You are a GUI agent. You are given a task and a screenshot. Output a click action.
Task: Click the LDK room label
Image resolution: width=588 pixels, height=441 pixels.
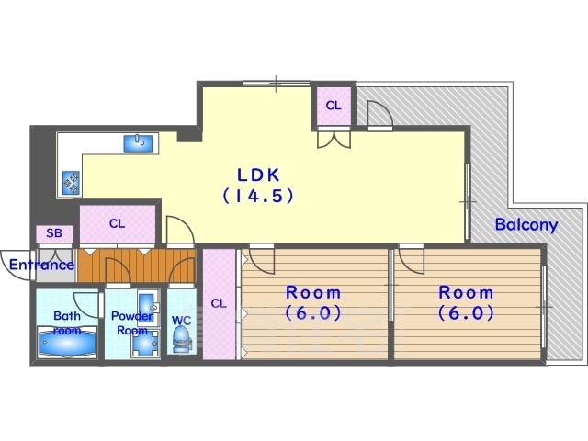pos(259,175)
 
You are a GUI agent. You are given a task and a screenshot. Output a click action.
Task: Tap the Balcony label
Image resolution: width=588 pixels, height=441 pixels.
pos(526,224)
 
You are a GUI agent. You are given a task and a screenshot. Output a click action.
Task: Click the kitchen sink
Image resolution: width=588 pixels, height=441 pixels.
pos(138,143)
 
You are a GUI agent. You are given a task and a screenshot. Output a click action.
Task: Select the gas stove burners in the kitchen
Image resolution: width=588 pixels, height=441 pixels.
pos(72,183)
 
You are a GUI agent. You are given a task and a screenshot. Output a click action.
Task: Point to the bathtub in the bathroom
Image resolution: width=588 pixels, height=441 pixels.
pos(67,343)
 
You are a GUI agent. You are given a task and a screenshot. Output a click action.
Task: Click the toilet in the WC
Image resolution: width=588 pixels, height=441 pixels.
pos(181,339)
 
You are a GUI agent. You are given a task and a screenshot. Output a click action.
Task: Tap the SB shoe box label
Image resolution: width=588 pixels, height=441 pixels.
pos(54,233)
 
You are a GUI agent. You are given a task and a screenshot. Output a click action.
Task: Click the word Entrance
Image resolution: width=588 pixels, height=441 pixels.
pos(41,266)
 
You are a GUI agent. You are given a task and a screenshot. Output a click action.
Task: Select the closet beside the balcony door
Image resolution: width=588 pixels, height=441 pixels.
pos(334,106)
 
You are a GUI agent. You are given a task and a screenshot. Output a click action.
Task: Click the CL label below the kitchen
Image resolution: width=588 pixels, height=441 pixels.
pos(117,224)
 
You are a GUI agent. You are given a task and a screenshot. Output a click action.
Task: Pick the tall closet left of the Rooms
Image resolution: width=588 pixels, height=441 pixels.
pos(219,304)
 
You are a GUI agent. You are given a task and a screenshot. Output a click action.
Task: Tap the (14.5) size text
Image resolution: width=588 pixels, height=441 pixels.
pos(258,196)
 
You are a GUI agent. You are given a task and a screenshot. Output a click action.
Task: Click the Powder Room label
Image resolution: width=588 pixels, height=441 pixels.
pos(132,323)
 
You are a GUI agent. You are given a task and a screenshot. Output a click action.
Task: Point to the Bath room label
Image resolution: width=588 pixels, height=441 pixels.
pos(67,322)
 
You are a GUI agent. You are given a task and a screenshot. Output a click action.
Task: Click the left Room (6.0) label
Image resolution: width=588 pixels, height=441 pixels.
pos(313,302)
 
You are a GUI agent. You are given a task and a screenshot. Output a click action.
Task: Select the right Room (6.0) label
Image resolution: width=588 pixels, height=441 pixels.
pos(466,302)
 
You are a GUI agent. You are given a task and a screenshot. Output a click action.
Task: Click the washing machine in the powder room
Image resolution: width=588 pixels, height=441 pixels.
pos(145,344)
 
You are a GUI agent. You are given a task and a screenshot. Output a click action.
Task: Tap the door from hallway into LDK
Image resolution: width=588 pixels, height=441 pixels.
pos(180,230)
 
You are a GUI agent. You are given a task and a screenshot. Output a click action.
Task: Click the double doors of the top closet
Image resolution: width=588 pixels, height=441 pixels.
pos(334,139)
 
